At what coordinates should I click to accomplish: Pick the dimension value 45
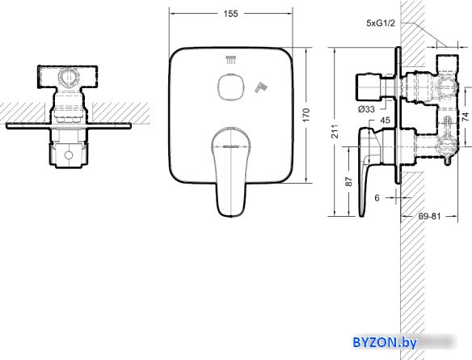point(384,121)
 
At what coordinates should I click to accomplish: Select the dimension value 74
point(464,118)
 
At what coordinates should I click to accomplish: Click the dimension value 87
point(349,182)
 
